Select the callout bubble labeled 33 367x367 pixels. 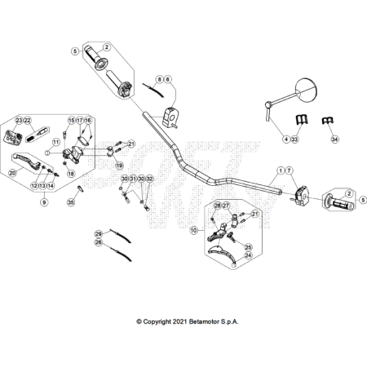coord(294,139)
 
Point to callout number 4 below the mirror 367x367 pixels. coord(285,139)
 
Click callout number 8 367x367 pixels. coord(160,79)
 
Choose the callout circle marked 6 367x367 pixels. coord(168,79)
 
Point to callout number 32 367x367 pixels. coord(149,179)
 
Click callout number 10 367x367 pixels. coord(193,231)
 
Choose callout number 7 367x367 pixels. coord(288,170)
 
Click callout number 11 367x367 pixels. coord(55,141)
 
